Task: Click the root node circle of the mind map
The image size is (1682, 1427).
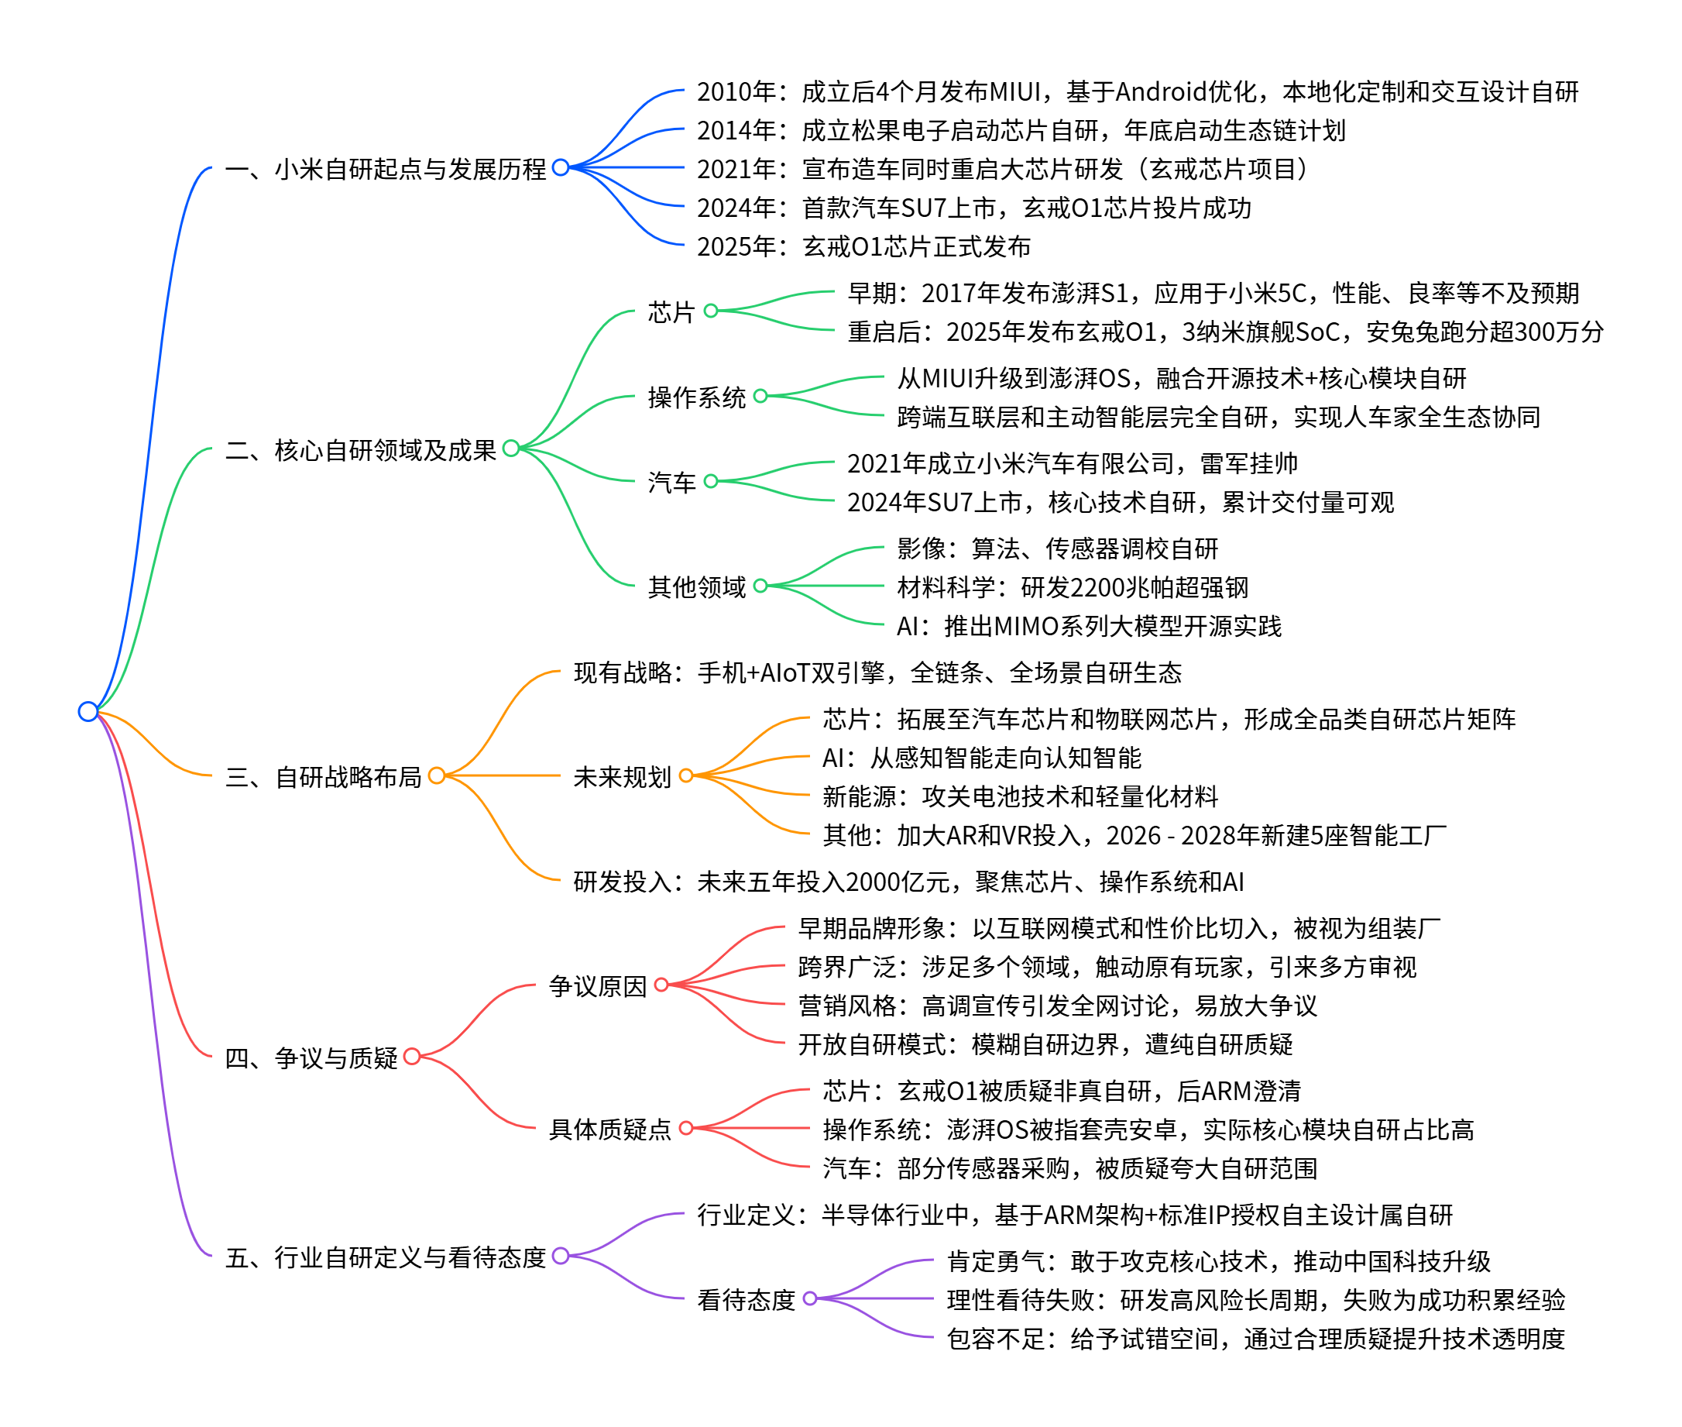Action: [x=88, y=711]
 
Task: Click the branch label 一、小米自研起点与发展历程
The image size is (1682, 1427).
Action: [x=386, y=169]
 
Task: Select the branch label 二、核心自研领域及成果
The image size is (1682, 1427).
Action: [x=361, y=450]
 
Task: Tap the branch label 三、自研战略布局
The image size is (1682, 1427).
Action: [x=324, y=776]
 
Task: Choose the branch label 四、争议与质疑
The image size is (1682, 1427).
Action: [x=311, y=1057]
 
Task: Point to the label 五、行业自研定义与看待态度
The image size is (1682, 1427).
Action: [x=386, y=1257]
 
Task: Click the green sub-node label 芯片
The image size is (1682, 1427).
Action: [x=671, y=311]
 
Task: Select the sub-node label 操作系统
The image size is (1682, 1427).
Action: [x=696, y=397]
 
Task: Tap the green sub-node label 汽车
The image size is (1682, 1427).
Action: [x=671, y=482]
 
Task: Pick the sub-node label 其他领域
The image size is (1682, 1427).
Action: [x=696, y=586]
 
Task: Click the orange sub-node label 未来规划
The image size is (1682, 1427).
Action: [x=622, y=776]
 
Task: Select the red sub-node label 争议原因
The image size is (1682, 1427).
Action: [x=598, y=985]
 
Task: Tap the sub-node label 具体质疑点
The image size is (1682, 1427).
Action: [x=609, y=1129]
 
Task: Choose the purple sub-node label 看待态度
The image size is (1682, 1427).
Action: [x=747, y=1299]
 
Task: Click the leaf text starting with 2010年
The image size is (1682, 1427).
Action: [x=1137, y=91]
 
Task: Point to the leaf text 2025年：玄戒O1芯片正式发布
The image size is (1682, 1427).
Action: [x=863, y=246]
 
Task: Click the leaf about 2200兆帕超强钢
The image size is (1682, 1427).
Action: [x=1073, y=586]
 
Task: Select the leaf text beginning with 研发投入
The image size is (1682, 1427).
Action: [x=908, y=881]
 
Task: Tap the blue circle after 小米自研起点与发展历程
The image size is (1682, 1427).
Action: [x=561, y=167]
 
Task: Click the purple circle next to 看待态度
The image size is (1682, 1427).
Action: [x=809, y=1298]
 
